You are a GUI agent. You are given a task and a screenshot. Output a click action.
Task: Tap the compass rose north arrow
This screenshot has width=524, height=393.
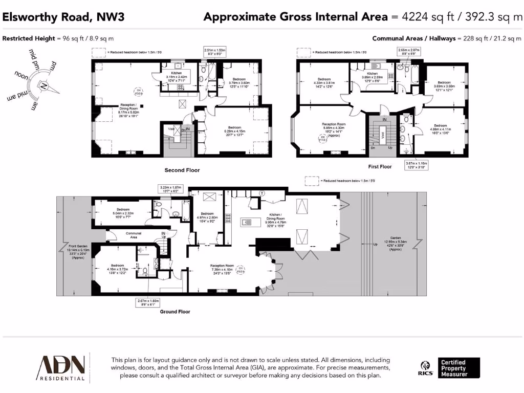45,85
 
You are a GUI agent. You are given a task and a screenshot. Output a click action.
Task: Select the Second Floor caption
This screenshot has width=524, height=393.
182,170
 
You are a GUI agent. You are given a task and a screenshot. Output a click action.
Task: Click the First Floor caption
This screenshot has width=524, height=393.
380,167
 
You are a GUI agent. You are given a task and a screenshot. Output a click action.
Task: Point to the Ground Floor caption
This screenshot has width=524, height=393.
176,311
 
